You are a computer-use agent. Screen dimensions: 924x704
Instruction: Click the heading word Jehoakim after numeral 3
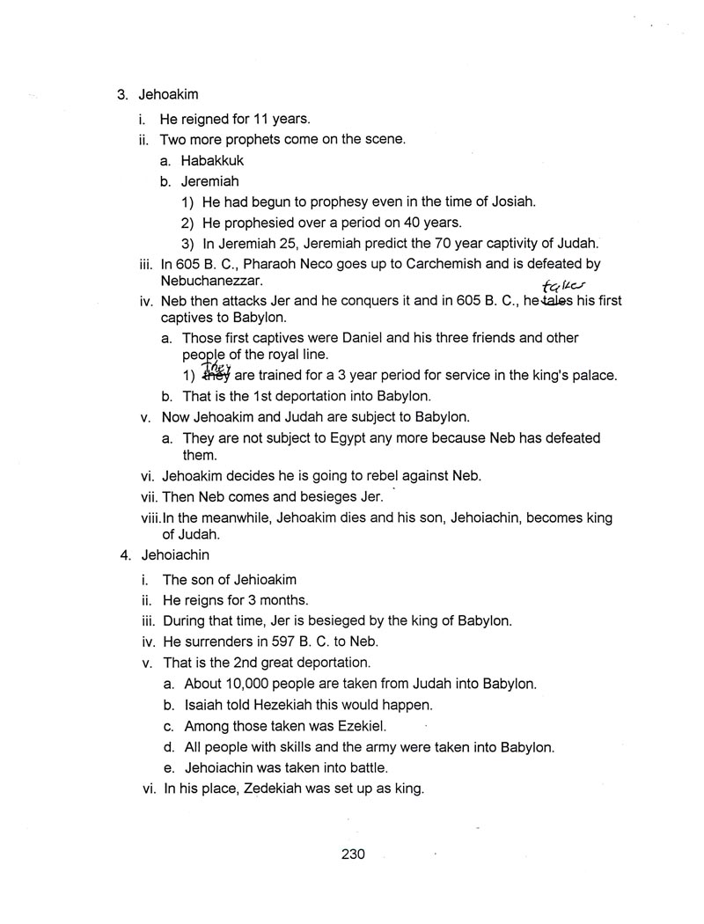pos(169,94)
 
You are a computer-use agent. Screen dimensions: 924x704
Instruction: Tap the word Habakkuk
pos(212,160)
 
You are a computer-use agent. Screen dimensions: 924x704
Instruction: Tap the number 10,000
pos(251,683)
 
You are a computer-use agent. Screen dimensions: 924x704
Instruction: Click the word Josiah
pos(510,202)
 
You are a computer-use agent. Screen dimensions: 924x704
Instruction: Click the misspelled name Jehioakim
pos(253,579)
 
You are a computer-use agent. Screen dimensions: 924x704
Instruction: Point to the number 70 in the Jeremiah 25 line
pos(426,243)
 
